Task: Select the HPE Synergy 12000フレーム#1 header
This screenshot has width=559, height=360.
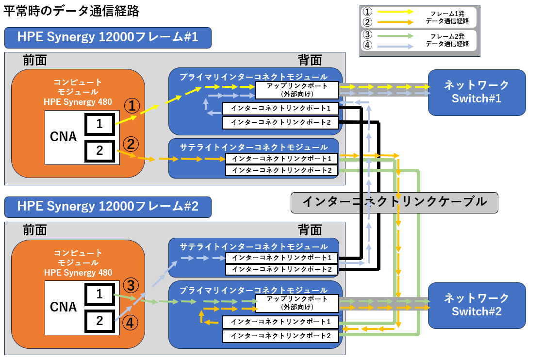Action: (108, 37)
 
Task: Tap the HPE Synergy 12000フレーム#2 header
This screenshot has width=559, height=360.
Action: (108, 206)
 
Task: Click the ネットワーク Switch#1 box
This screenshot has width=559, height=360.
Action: (477, 92)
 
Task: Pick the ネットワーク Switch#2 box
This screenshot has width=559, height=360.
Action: (477, 305)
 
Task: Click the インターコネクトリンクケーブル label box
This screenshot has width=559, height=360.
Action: (394, 202)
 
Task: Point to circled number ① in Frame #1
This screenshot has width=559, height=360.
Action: (132, 105)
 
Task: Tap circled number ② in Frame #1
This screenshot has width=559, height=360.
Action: (132, 144)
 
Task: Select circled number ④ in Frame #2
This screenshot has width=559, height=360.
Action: (131, 322)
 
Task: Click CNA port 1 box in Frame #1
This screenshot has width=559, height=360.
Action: (99, 124)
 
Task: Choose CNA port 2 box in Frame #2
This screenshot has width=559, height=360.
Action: (99, 320)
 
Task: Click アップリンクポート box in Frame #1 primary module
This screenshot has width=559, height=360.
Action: (297, 89)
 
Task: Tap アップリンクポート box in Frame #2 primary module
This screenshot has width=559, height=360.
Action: (297, 303)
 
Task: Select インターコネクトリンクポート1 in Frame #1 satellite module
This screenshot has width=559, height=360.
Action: (281, 159)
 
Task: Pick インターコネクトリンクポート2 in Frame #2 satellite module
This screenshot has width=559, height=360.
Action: (281, 269)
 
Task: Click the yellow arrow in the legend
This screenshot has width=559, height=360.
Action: (395, 12)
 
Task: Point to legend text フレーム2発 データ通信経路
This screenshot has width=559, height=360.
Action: (447, 40)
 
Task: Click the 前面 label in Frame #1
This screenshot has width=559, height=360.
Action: (35, 60)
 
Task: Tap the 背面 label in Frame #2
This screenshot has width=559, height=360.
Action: (310, 229)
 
